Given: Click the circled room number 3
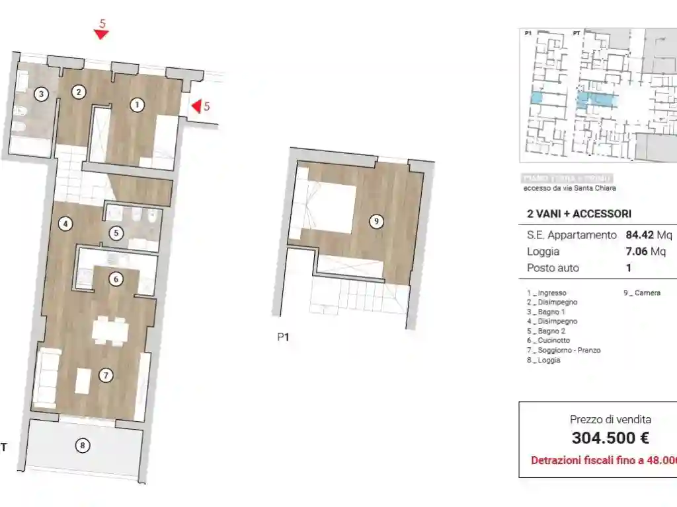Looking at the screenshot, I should pyautogui.click(x=42, y=94).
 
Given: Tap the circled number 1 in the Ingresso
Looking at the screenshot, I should pyautogui.click(x=137, y=104).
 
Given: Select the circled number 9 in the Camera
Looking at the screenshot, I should pyautogui.click(x=376, y=222).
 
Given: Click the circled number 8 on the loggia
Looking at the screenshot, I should pyautogui.click(x=82, y=446).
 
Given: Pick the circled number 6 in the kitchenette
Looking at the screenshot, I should pyautogui.click(x=116, y=279).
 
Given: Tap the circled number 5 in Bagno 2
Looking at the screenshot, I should pyautogui.click(x=116, y=232).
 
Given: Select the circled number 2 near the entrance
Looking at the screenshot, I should pyautogui.click(x=79, y=92).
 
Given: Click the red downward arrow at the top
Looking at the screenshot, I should pyautogui.click(x=100, y=34).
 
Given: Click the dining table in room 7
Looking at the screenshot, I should pyautogui.click(x=110, y=330).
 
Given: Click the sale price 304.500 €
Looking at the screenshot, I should pyautogui.click(x=610, y=438).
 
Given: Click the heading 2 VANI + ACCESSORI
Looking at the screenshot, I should pyautogui.click(x=578, y=214).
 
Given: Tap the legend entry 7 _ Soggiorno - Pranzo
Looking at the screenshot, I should pyautogui.click(x=563, y=351).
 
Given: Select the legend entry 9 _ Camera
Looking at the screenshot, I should pyautogui.click(x=641, y=293).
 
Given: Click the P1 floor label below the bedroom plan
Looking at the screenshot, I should pyautogui.click(x=283, y=337).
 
